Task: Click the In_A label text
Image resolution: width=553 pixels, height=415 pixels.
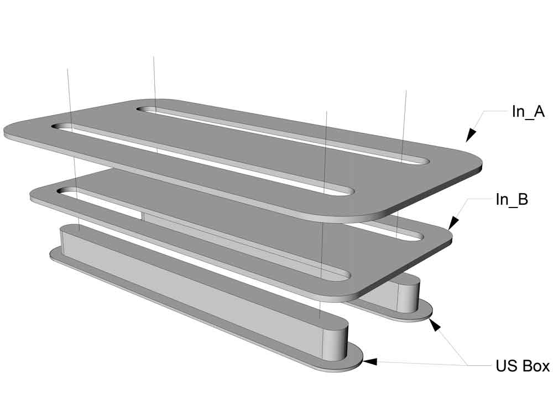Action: tap(528, 112)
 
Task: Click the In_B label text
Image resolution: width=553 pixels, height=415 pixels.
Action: tap(512, 199)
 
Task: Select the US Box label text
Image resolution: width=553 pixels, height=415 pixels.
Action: tap(523, 366)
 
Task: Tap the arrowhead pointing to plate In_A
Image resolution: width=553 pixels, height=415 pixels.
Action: tap(471, 135)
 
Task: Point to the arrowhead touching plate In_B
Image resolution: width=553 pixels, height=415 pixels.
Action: tap(453, 224)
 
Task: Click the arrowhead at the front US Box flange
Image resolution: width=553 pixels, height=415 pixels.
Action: tap(370, 362)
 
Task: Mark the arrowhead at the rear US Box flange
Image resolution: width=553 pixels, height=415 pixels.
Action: tap(435, 324)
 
